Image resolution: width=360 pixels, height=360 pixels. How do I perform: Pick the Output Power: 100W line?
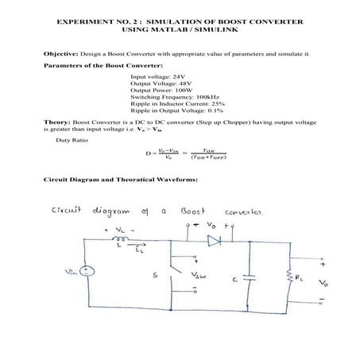pos(162,90)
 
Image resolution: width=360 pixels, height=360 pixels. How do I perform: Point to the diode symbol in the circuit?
pos(213,238)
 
